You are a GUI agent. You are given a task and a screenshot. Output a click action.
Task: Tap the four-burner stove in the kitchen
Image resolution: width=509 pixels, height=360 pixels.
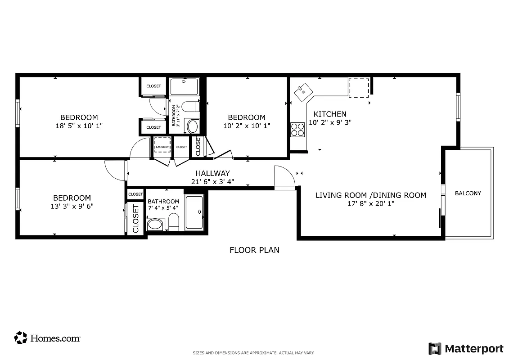297,130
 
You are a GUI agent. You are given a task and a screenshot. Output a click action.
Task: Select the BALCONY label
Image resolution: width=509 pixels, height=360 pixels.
468,193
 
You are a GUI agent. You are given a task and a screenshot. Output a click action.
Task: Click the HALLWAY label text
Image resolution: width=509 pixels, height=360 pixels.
212,173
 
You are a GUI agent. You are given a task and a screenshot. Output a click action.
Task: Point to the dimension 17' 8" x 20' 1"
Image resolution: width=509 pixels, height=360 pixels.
370,204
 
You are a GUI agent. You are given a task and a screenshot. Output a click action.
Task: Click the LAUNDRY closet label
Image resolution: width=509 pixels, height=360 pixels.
162,147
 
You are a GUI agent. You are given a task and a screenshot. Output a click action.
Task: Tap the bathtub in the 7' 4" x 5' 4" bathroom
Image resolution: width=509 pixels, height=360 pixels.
194,213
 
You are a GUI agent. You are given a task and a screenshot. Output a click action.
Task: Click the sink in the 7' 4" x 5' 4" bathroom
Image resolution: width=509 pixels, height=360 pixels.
155,224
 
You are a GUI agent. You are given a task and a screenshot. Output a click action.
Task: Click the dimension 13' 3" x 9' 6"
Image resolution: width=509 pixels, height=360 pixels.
72,207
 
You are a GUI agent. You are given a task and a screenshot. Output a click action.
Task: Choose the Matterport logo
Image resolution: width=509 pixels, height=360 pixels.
466,348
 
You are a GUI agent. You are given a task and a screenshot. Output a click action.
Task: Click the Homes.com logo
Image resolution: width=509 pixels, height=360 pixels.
47,338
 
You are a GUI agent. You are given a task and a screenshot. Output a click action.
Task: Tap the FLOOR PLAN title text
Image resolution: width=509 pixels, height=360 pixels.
254,250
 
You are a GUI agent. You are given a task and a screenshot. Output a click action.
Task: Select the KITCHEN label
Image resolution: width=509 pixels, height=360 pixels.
330,114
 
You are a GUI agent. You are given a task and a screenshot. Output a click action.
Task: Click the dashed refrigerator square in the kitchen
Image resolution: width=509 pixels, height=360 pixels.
359,87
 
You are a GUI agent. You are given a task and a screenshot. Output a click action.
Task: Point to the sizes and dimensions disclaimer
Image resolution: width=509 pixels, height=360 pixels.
253,353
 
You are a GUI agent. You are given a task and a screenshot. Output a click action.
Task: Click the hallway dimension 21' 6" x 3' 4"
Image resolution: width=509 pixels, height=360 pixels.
212,182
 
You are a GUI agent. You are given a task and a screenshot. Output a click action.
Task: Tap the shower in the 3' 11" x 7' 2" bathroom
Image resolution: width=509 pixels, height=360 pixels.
184,86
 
